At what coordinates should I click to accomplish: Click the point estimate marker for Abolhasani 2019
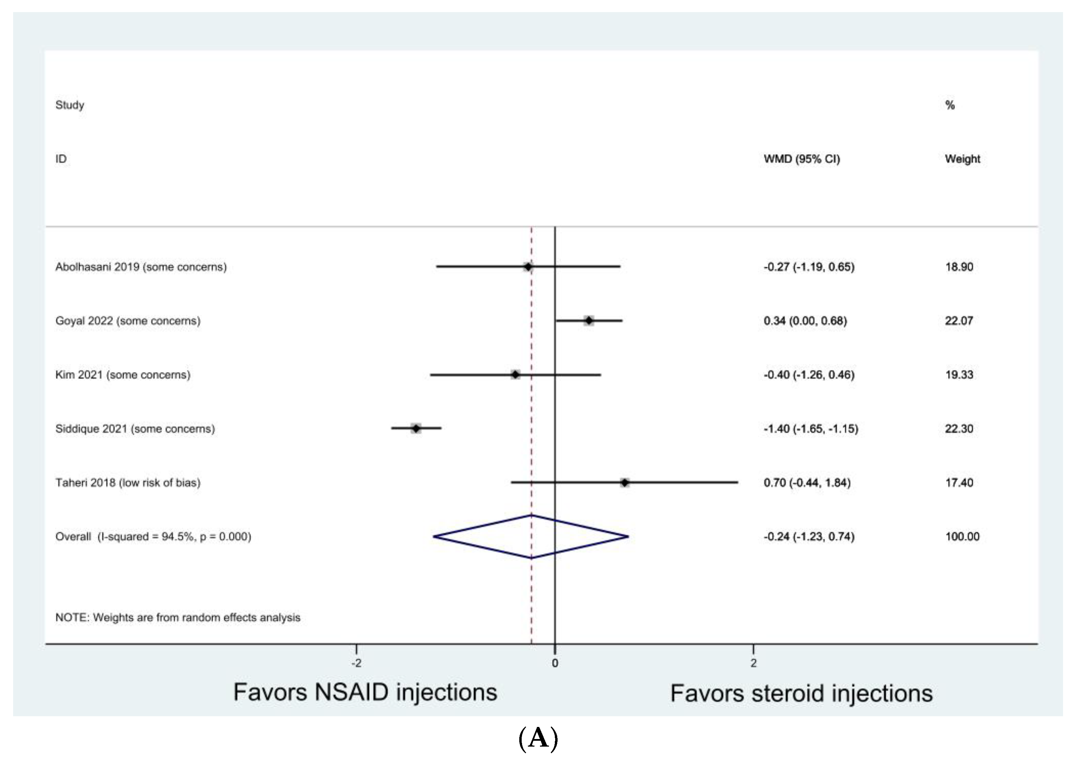(x=528, y=267)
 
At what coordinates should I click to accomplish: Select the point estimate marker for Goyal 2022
(x=589, y=321)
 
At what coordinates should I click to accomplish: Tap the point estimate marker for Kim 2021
(x=515, y=375)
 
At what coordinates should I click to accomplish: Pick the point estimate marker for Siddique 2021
(x=416, y=429)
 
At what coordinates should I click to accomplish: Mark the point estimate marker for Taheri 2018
(x=625, y=482)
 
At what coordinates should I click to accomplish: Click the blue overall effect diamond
(x=531, y=536)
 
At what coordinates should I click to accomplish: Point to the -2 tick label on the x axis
(x=356, y=663)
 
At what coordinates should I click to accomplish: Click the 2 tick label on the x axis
(x=753, y=663)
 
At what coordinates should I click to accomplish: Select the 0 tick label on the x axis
(x=555, y=663)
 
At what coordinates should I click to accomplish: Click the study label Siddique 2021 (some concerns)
(x=135, y=429)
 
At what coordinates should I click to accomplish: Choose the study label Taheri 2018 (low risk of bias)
(x=128, y=482)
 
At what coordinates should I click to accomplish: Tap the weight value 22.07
(x=959, y=321)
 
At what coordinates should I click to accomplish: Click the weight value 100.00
(x=962, y=536)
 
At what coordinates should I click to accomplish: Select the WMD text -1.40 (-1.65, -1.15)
(x=811, y=429)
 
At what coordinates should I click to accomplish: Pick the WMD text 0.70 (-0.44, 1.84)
(x=807, y=482)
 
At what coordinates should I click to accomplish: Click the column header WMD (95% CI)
(x=802, y=159)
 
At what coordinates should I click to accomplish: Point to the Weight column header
(x=962, y=159)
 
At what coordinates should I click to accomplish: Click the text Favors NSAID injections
(x=365, y=692)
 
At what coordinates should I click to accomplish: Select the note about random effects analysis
(x=177, y=617)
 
